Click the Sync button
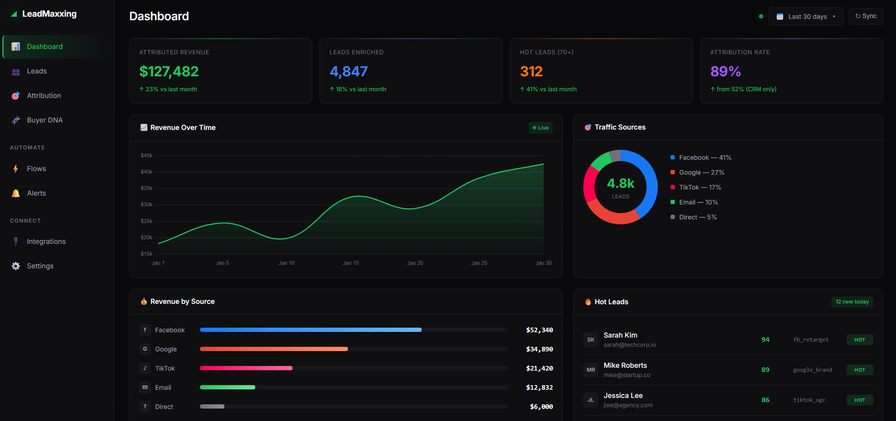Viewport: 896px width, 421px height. [x=865, y=16]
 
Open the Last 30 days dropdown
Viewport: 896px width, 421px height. [x=805, y=17]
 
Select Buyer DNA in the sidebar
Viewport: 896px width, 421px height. [x=45, y=120]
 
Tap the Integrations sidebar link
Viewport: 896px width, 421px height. [x=46, y=241]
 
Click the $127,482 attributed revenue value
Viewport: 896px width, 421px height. [x=169, y=71]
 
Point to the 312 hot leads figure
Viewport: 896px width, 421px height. [x=531, y=71]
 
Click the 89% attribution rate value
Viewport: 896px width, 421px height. [x=725, y=71]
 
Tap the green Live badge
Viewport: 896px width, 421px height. [x=540, y=128]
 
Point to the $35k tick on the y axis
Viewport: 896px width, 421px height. [x=146, y=188]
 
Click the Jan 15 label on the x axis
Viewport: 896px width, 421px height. [x=351, y=263]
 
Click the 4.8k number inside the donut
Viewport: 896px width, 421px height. [x=621, y=183]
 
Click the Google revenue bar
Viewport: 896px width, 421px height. [x=274, y=349]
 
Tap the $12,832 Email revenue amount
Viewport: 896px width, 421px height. [x=539, y=387]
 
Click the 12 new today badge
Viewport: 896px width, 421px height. [x=852, y=302]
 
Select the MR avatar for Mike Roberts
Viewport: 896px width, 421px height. [x=591, y=370]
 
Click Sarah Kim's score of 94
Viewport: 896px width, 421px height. [x=765, y=340]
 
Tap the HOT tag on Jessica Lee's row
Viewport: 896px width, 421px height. [x=859, y=400]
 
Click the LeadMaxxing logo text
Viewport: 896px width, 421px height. [x=49, y=14]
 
